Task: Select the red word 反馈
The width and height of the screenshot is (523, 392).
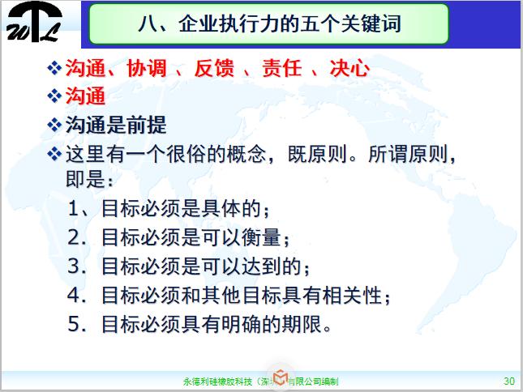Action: coord(213,69)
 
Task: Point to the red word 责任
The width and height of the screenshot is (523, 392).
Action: coord(281,69)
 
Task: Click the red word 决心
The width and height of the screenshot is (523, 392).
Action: coord(349,69)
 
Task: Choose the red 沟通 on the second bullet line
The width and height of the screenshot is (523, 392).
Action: coord(85,97)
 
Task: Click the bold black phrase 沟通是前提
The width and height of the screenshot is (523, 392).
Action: coord(115,125)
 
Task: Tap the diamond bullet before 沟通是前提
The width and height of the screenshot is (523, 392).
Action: coord(54,125)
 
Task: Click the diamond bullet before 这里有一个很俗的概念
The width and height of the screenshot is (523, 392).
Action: coord(54,153)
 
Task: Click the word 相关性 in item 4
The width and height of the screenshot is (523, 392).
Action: coord(353,296)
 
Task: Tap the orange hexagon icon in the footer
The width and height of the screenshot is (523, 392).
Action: coord(280,379)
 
